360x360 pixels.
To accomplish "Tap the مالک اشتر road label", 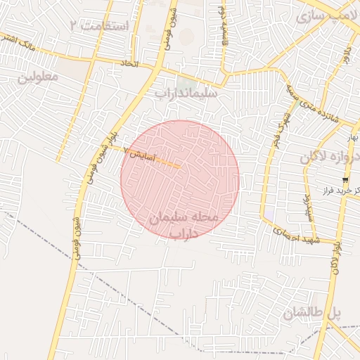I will (18, 44).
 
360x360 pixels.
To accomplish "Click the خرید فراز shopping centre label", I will (328, 191).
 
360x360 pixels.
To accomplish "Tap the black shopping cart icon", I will (345, 180).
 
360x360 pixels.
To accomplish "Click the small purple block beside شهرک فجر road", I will (269, 212).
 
